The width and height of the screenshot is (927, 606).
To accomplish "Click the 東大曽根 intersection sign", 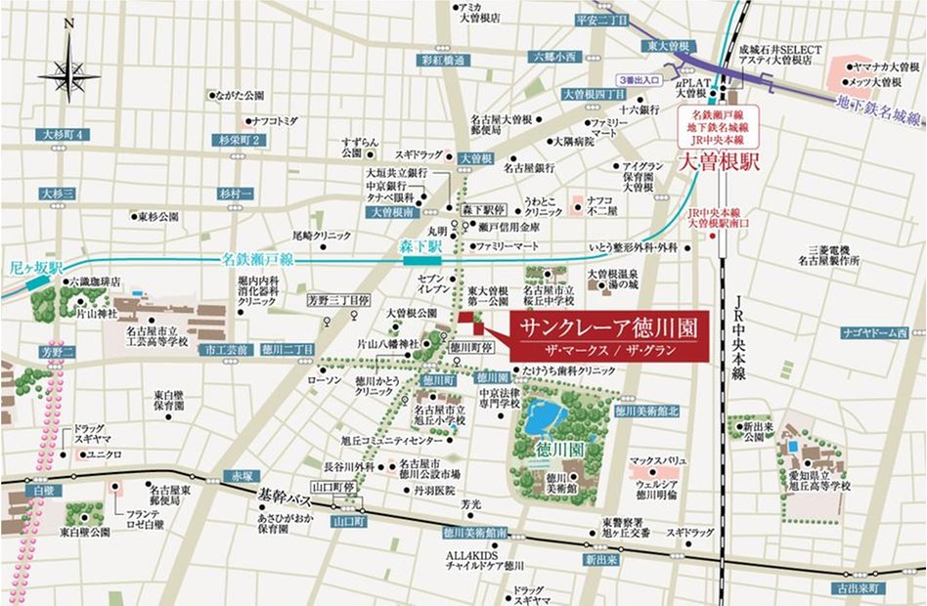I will click(x=668, y=46).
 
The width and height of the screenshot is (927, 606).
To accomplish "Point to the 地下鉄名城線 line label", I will click(x=880, y=108).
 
